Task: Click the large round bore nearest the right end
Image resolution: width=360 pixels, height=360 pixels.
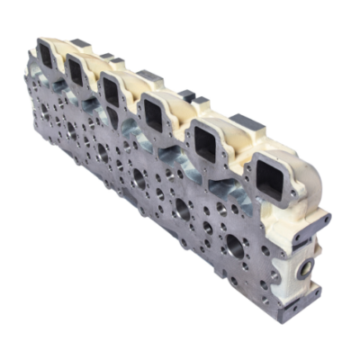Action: click(244, 247)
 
